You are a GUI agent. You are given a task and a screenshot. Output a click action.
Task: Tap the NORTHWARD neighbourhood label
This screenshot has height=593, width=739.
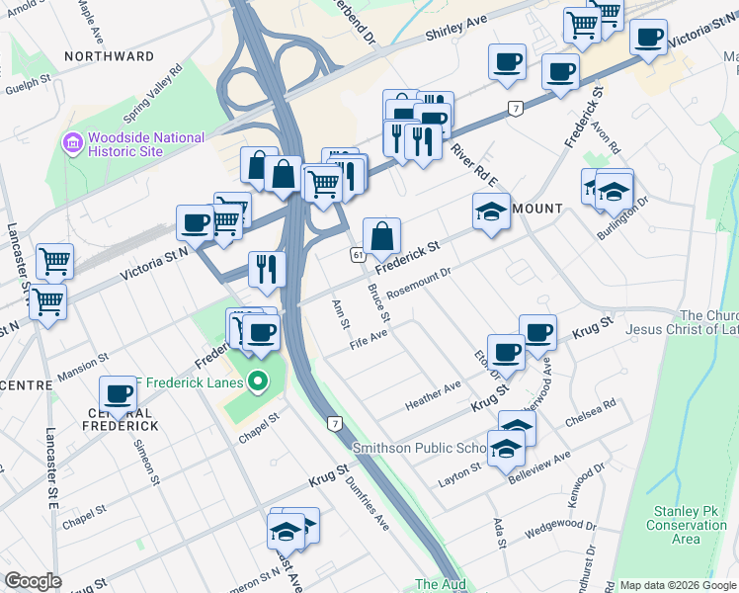coord(109,56)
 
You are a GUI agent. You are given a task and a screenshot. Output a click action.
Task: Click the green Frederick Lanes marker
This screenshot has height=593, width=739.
coord(258,380)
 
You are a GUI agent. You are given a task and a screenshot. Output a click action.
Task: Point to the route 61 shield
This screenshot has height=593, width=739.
coord(356,255)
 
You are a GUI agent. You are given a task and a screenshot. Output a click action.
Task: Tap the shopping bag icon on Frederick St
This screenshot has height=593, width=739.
coord(381,238)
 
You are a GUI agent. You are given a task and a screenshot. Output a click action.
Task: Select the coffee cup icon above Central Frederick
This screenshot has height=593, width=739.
coord(119,393)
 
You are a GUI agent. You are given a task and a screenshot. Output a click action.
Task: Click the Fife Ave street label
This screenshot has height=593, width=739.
coord(369,340)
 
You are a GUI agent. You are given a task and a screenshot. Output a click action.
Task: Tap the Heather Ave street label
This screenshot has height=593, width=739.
coord(433,396)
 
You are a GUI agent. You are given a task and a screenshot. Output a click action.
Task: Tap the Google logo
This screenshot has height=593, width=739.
coord(33,581)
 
